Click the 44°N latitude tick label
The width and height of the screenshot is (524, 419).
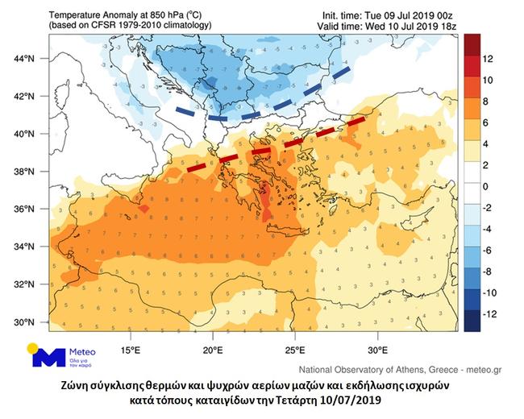coord(25,58)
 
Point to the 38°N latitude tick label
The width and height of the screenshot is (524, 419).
coord(25,172)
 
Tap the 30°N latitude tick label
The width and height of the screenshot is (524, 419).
coord(25,322)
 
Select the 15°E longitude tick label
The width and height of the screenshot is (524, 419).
coord(131,351)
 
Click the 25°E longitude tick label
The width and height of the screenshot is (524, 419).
coord(295,351)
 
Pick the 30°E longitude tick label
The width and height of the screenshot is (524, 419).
coord(378,351)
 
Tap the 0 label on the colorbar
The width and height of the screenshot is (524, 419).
coord(486,186)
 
